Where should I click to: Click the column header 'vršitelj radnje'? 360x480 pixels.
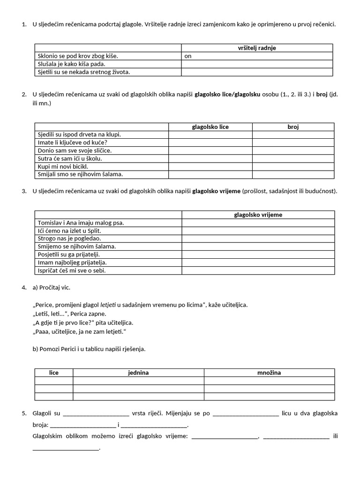coord(257,48)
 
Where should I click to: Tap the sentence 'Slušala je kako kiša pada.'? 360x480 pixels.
coord(72,64)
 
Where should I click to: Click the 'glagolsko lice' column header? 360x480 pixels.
coord(210,127)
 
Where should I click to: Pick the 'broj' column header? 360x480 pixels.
coord(293,127)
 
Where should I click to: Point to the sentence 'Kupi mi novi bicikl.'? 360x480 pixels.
coord(63,166)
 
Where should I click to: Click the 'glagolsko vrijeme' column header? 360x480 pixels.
coord(258,215)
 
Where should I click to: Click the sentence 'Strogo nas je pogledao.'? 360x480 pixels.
coord(69,239)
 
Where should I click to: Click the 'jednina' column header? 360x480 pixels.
coord(138,373)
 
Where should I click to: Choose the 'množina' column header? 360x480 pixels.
coord(269,373)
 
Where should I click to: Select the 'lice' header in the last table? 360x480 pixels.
coord(54,373)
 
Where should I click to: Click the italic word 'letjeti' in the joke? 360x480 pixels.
coord(108,305)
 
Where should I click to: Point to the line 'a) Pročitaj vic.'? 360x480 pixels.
coord(52,287)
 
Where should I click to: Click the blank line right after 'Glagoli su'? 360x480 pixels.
coord(96,414)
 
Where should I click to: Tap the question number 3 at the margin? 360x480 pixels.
coord(24,191)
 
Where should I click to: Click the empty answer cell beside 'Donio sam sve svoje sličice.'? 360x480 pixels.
coord(210,150)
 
